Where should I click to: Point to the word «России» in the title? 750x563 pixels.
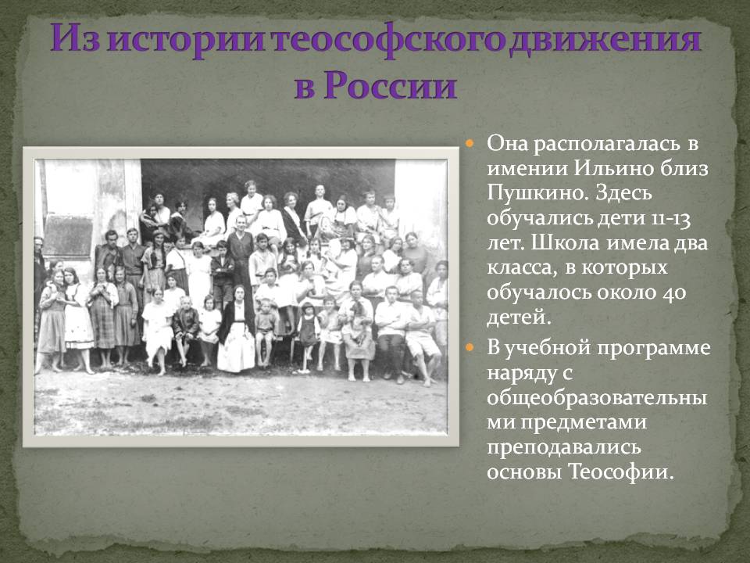click(x=390, y=85)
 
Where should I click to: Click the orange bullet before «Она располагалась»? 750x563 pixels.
click(x=470, y=144)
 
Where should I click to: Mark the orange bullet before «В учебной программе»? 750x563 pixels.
click(x=470, y=347)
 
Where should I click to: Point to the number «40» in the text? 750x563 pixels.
click(x=674, y=292)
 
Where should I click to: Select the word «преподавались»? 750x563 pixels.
click(x=563, y=447)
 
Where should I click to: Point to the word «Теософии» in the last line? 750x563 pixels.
click(x=621, y=472)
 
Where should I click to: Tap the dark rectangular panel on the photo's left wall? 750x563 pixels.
click(x=68, y=235)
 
